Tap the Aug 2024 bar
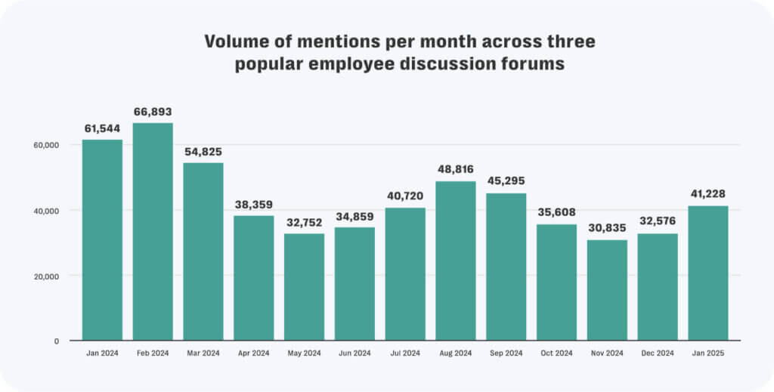[456, 261]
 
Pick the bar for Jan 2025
[708, 273]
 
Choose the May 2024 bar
[304, 287]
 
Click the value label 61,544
[102, 128]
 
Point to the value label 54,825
[203, 151]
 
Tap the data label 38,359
[254, 204]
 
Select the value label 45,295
[506, 181]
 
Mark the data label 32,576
[658, 222]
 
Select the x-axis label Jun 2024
[354, 353]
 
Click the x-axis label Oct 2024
[556, 353]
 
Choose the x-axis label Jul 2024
[405, 353]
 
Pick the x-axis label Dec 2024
[658, 353]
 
